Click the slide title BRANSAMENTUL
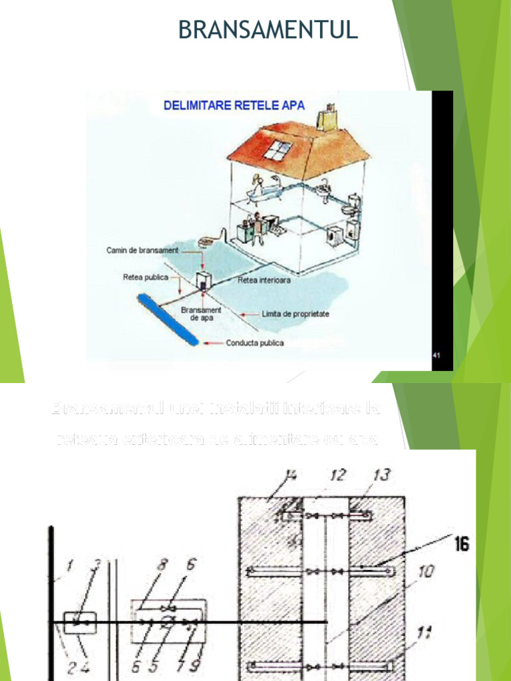tap(268, 30)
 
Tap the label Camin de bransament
tap(143, 251)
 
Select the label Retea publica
tap(146, 277)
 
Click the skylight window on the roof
tap(273, 151)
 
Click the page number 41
tap(436, 355)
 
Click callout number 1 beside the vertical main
tap(71, 567)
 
